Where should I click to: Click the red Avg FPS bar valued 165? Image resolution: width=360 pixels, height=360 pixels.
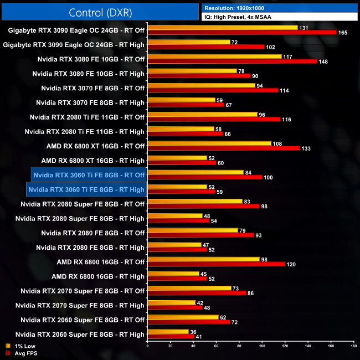coord(242,33)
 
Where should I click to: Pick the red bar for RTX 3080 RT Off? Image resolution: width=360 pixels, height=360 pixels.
coord(232,61)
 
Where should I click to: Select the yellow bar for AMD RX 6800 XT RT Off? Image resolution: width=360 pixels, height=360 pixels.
coord(209,143)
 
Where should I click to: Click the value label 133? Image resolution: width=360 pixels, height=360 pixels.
coord(306,148)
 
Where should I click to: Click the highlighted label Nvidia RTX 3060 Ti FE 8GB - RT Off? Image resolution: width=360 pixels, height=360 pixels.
coord(89,175)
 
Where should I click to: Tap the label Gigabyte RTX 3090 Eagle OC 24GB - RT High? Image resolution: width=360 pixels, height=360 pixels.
coord(74,45)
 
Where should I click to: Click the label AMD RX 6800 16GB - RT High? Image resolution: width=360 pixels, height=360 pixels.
coord(98,276)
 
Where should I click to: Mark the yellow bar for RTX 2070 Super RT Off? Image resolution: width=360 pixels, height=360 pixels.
coord(189,288)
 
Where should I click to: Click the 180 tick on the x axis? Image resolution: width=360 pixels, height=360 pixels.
coord(353,347)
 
